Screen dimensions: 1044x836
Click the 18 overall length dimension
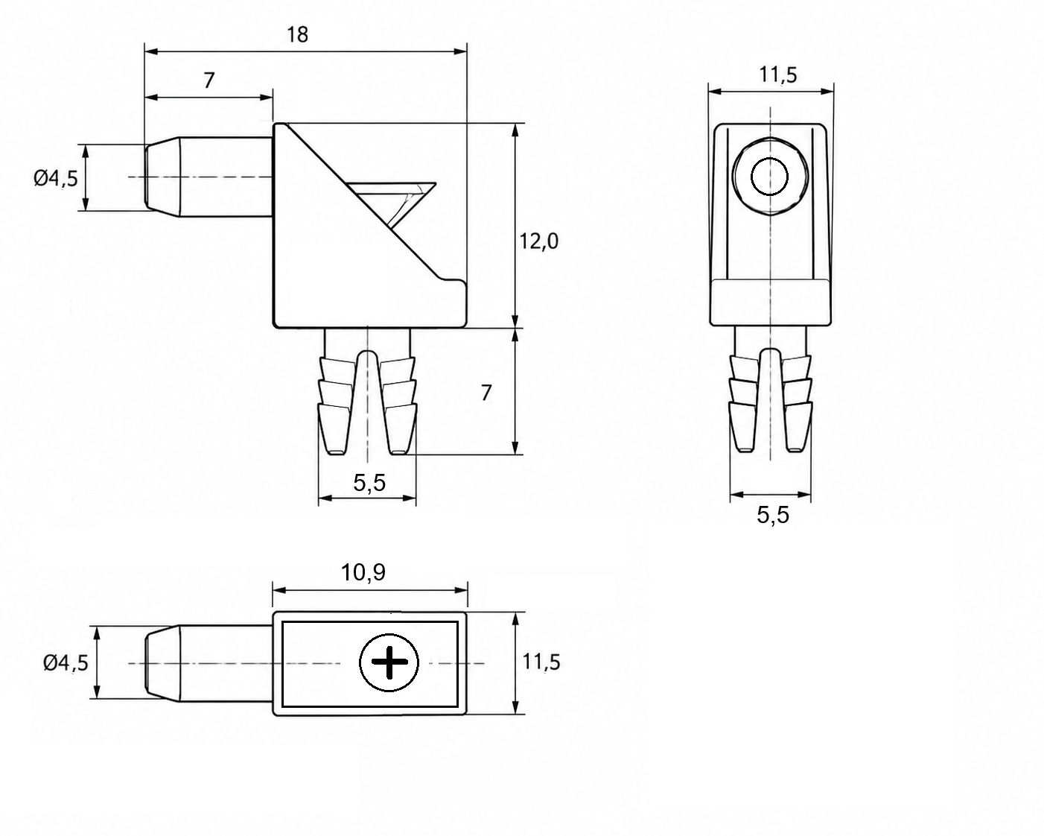297,35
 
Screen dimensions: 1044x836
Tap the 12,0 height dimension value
538,241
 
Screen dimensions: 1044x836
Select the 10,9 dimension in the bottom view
363,573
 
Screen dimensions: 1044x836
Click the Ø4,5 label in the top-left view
56,179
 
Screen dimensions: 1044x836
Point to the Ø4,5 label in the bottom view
66,662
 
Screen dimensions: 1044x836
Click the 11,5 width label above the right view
778,75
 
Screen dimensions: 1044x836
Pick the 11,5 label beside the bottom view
541,662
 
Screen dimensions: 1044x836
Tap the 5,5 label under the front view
369,483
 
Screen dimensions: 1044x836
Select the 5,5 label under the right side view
773,515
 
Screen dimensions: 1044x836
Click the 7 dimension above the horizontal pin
209,80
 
